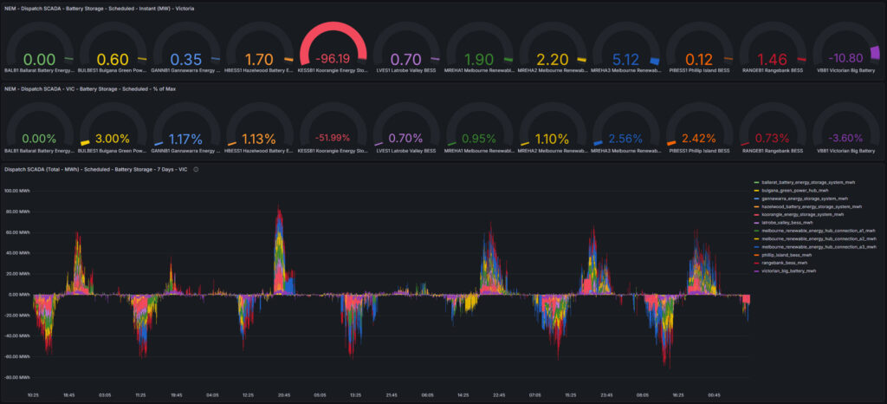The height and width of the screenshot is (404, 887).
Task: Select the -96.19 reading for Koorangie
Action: pos(333,60)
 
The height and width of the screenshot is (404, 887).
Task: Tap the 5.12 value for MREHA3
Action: pos(627,59)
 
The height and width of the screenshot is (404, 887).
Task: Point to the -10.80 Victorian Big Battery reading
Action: pos(846,59)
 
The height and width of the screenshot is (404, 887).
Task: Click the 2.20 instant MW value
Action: pos(554,59)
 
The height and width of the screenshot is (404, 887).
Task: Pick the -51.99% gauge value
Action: pos(333,138)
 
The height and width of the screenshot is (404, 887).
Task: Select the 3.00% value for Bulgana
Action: pos(114,138)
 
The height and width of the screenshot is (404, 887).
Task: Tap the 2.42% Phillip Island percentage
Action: pos(700,138)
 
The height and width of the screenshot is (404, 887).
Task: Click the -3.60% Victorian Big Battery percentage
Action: pos(846,138)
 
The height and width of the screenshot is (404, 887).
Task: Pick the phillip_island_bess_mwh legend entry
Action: pos(793,255)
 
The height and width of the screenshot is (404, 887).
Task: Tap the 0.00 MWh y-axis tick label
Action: pos(19,294)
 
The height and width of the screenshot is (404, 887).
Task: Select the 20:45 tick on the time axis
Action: pos(283,394)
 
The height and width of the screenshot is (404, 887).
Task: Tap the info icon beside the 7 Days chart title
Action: pos(197,169)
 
